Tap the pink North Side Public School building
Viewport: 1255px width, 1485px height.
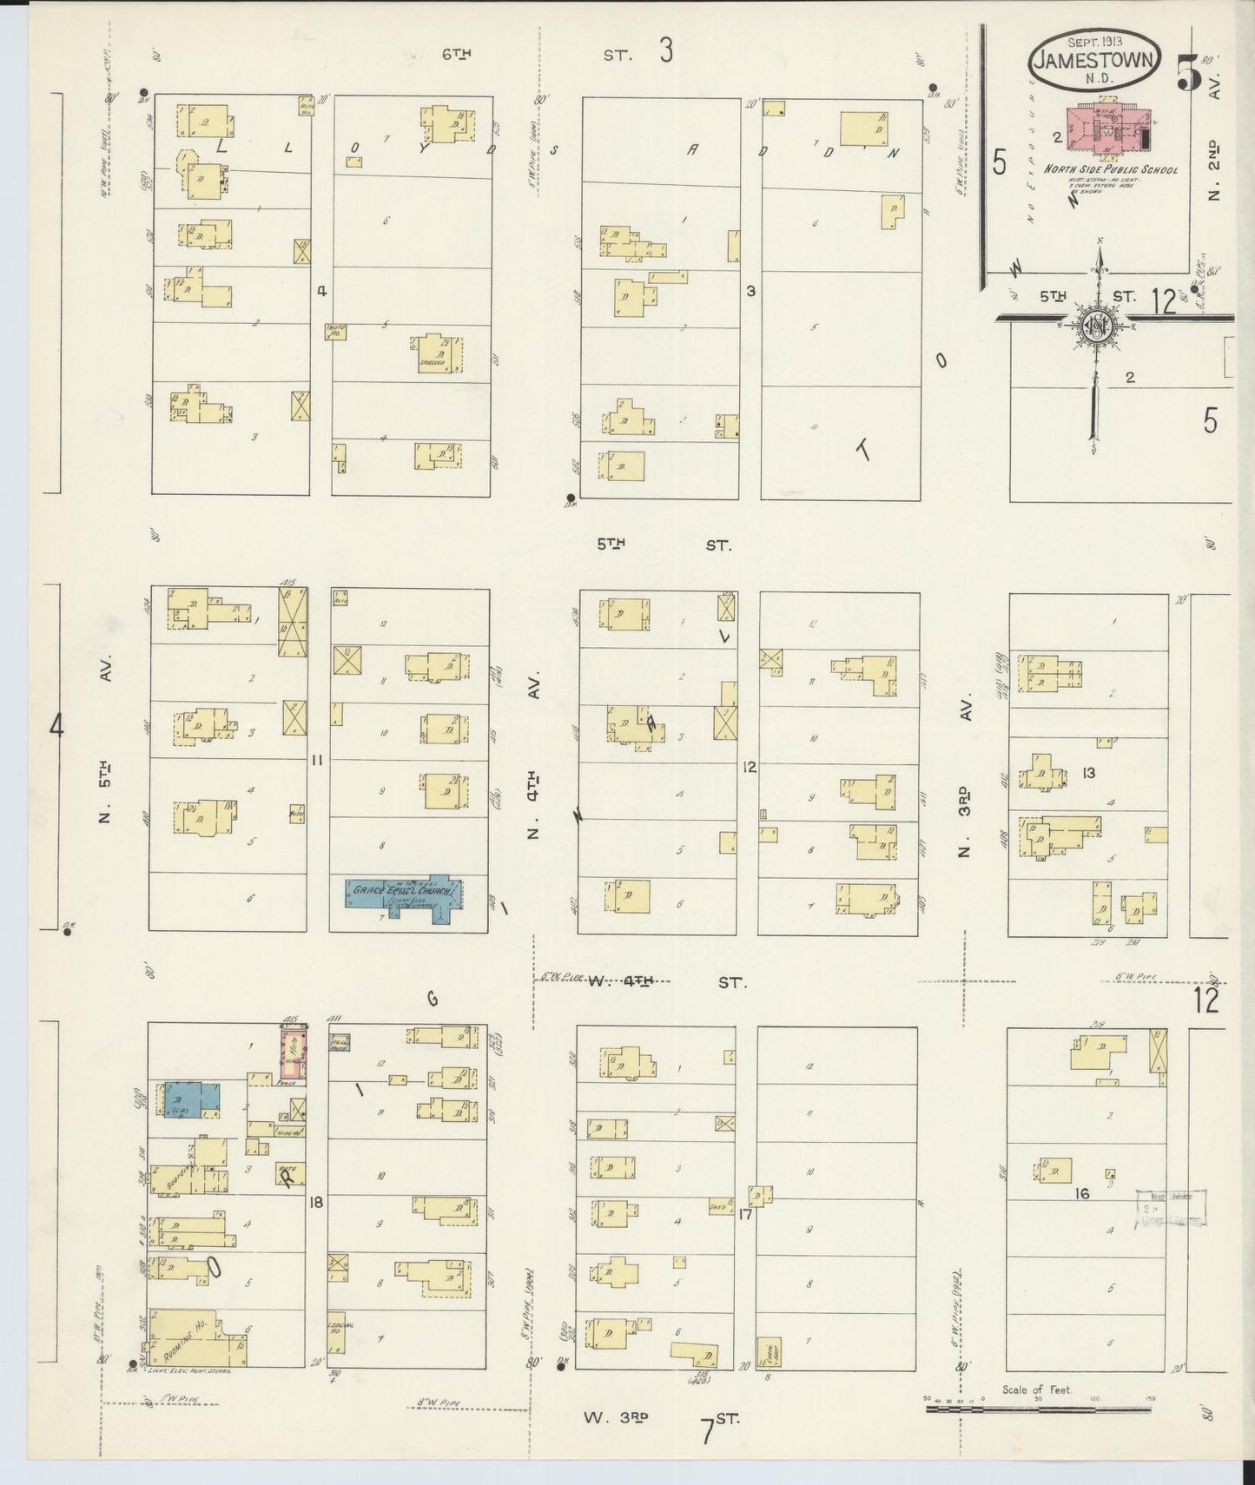tap(1106, 130)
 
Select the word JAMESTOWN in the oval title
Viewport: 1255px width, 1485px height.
tap(1094, 61)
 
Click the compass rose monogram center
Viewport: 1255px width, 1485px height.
tap(1098, 325)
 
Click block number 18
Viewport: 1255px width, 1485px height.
tap(316, 1203)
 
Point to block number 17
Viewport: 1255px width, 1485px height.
tap(744, 1214)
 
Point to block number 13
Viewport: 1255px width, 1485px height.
tap(1088, 773)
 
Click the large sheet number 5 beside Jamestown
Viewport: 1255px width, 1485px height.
tap(1188, 73)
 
